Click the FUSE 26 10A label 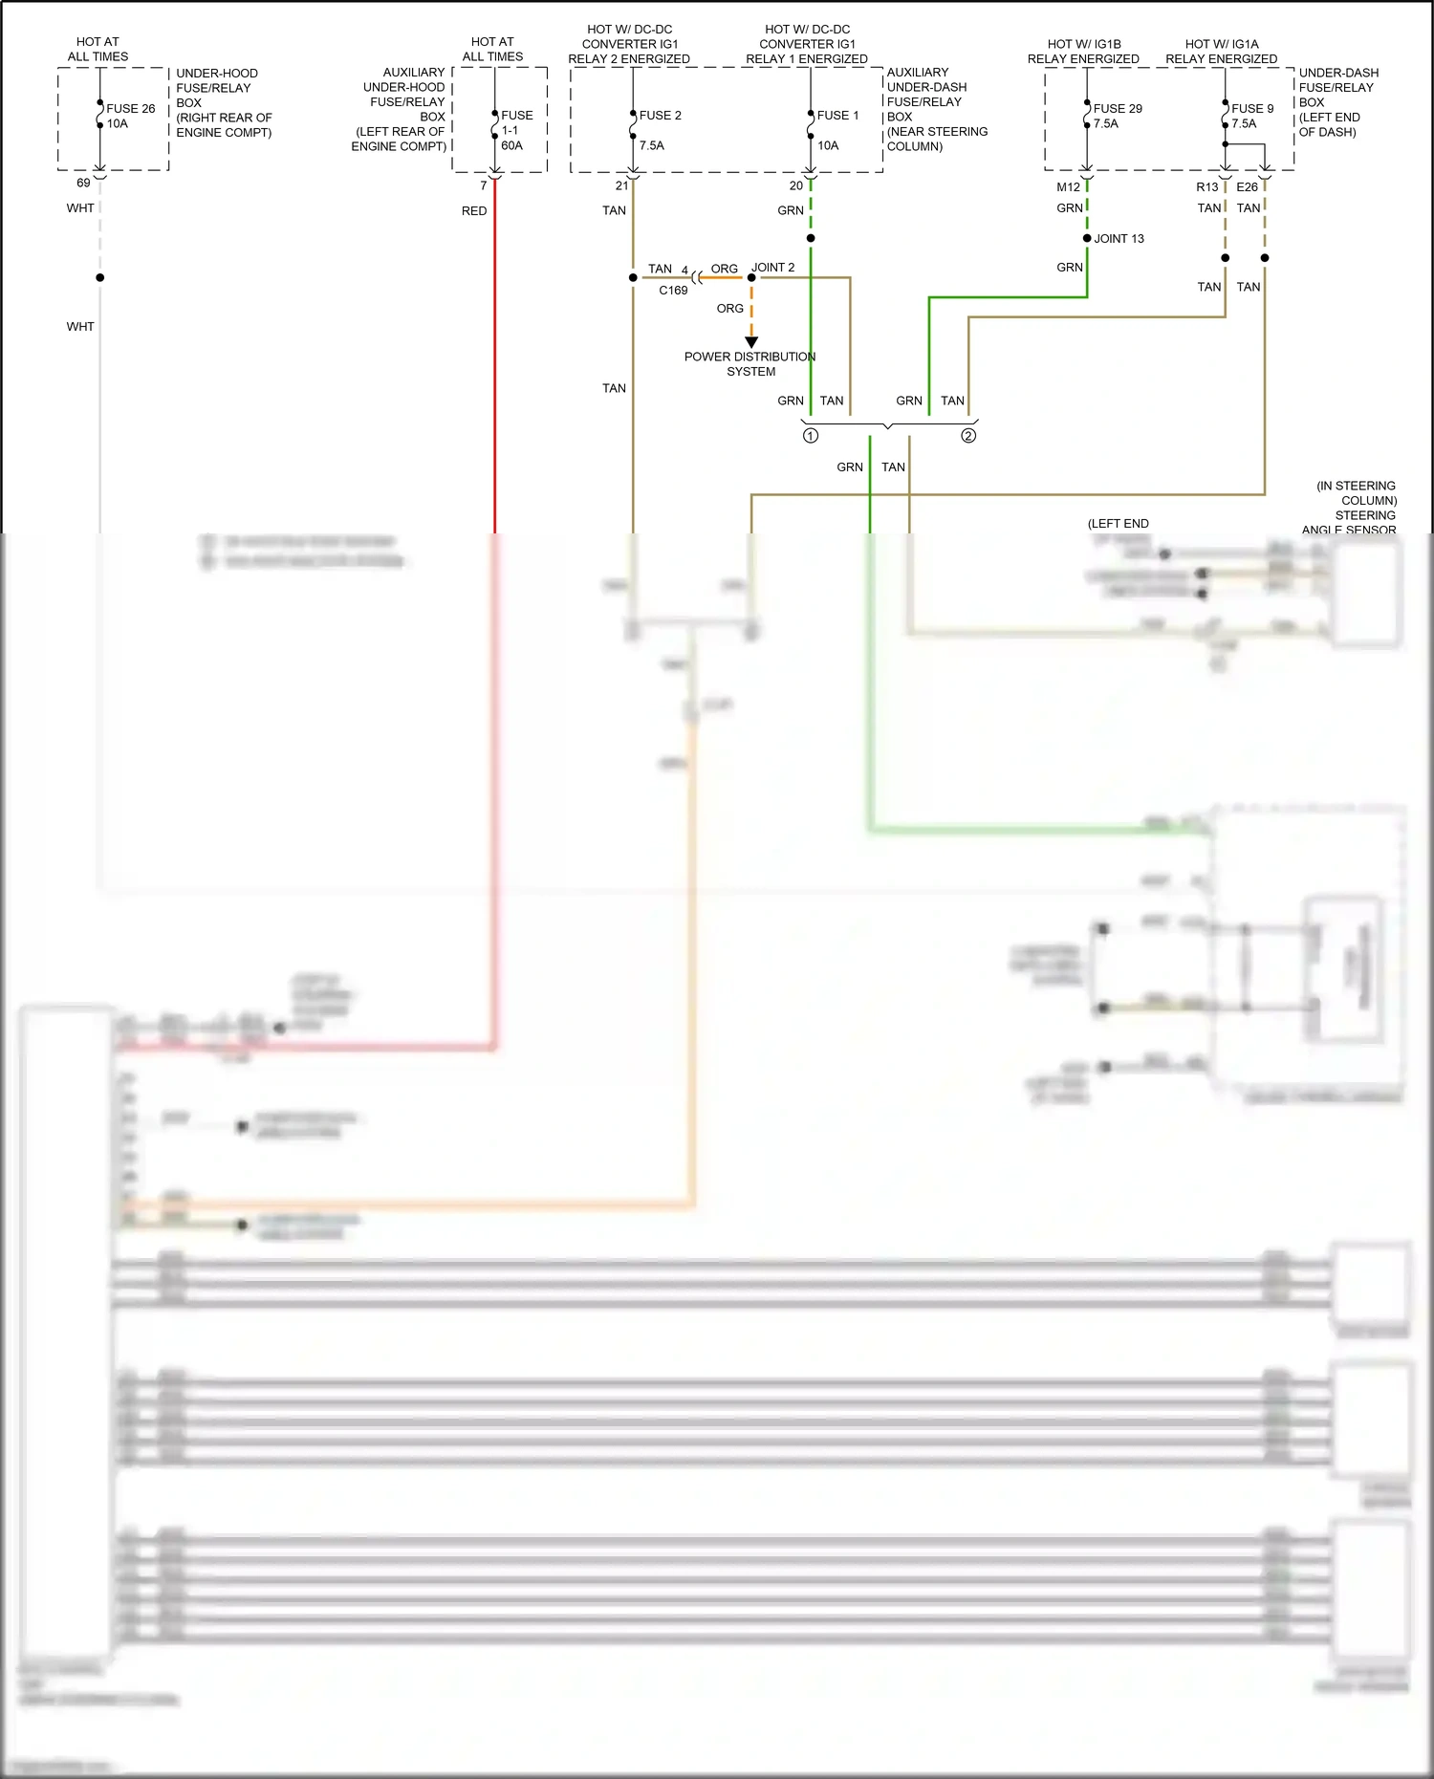(x=130, y=116)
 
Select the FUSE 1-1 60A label (x=516, y=130)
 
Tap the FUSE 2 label (x=660, y=116)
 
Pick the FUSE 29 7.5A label (x=1117, y=116)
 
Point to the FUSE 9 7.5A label (x=1251, y=116)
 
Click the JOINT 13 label (x=1119, y=239)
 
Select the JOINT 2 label (x=772, y=268)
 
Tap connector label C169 (x=673, y=291)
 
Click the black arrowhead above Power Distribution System (x=751, y=342)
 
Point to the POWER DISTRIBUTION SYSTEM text (x=750, y=364)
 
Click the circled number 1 (x=811, y=436)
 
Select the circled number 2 (x=968, y=436)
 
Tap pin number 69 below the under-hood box (x=83, y=184)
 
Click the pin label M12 (x=1068, y=187)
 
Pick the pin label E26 (x=1247, y=187)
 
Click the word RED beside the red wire (x=474, y=211)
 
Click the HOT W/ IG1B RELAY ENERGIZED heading (x=1083, y=52)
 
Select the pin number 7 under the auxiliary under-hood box (x=484, y=186)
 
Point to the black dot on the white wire (x=100, y=278)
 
